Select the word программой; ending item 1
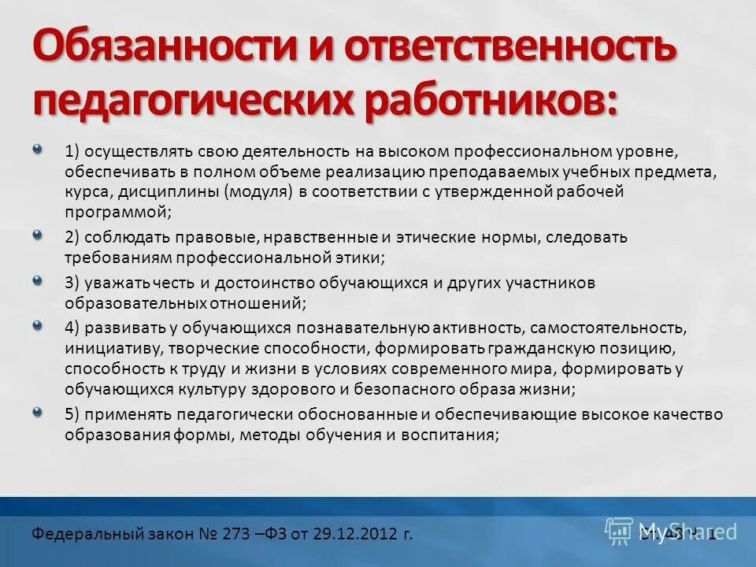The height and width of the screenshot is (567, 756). pyautogui.click(x=118, y=212)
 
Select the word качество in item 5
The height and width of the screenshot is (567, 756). pyautogui.click(x=696, y=413)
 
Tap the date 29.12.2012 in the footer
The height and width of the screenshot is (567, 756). pyautogui.click(x=366, y=534)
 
